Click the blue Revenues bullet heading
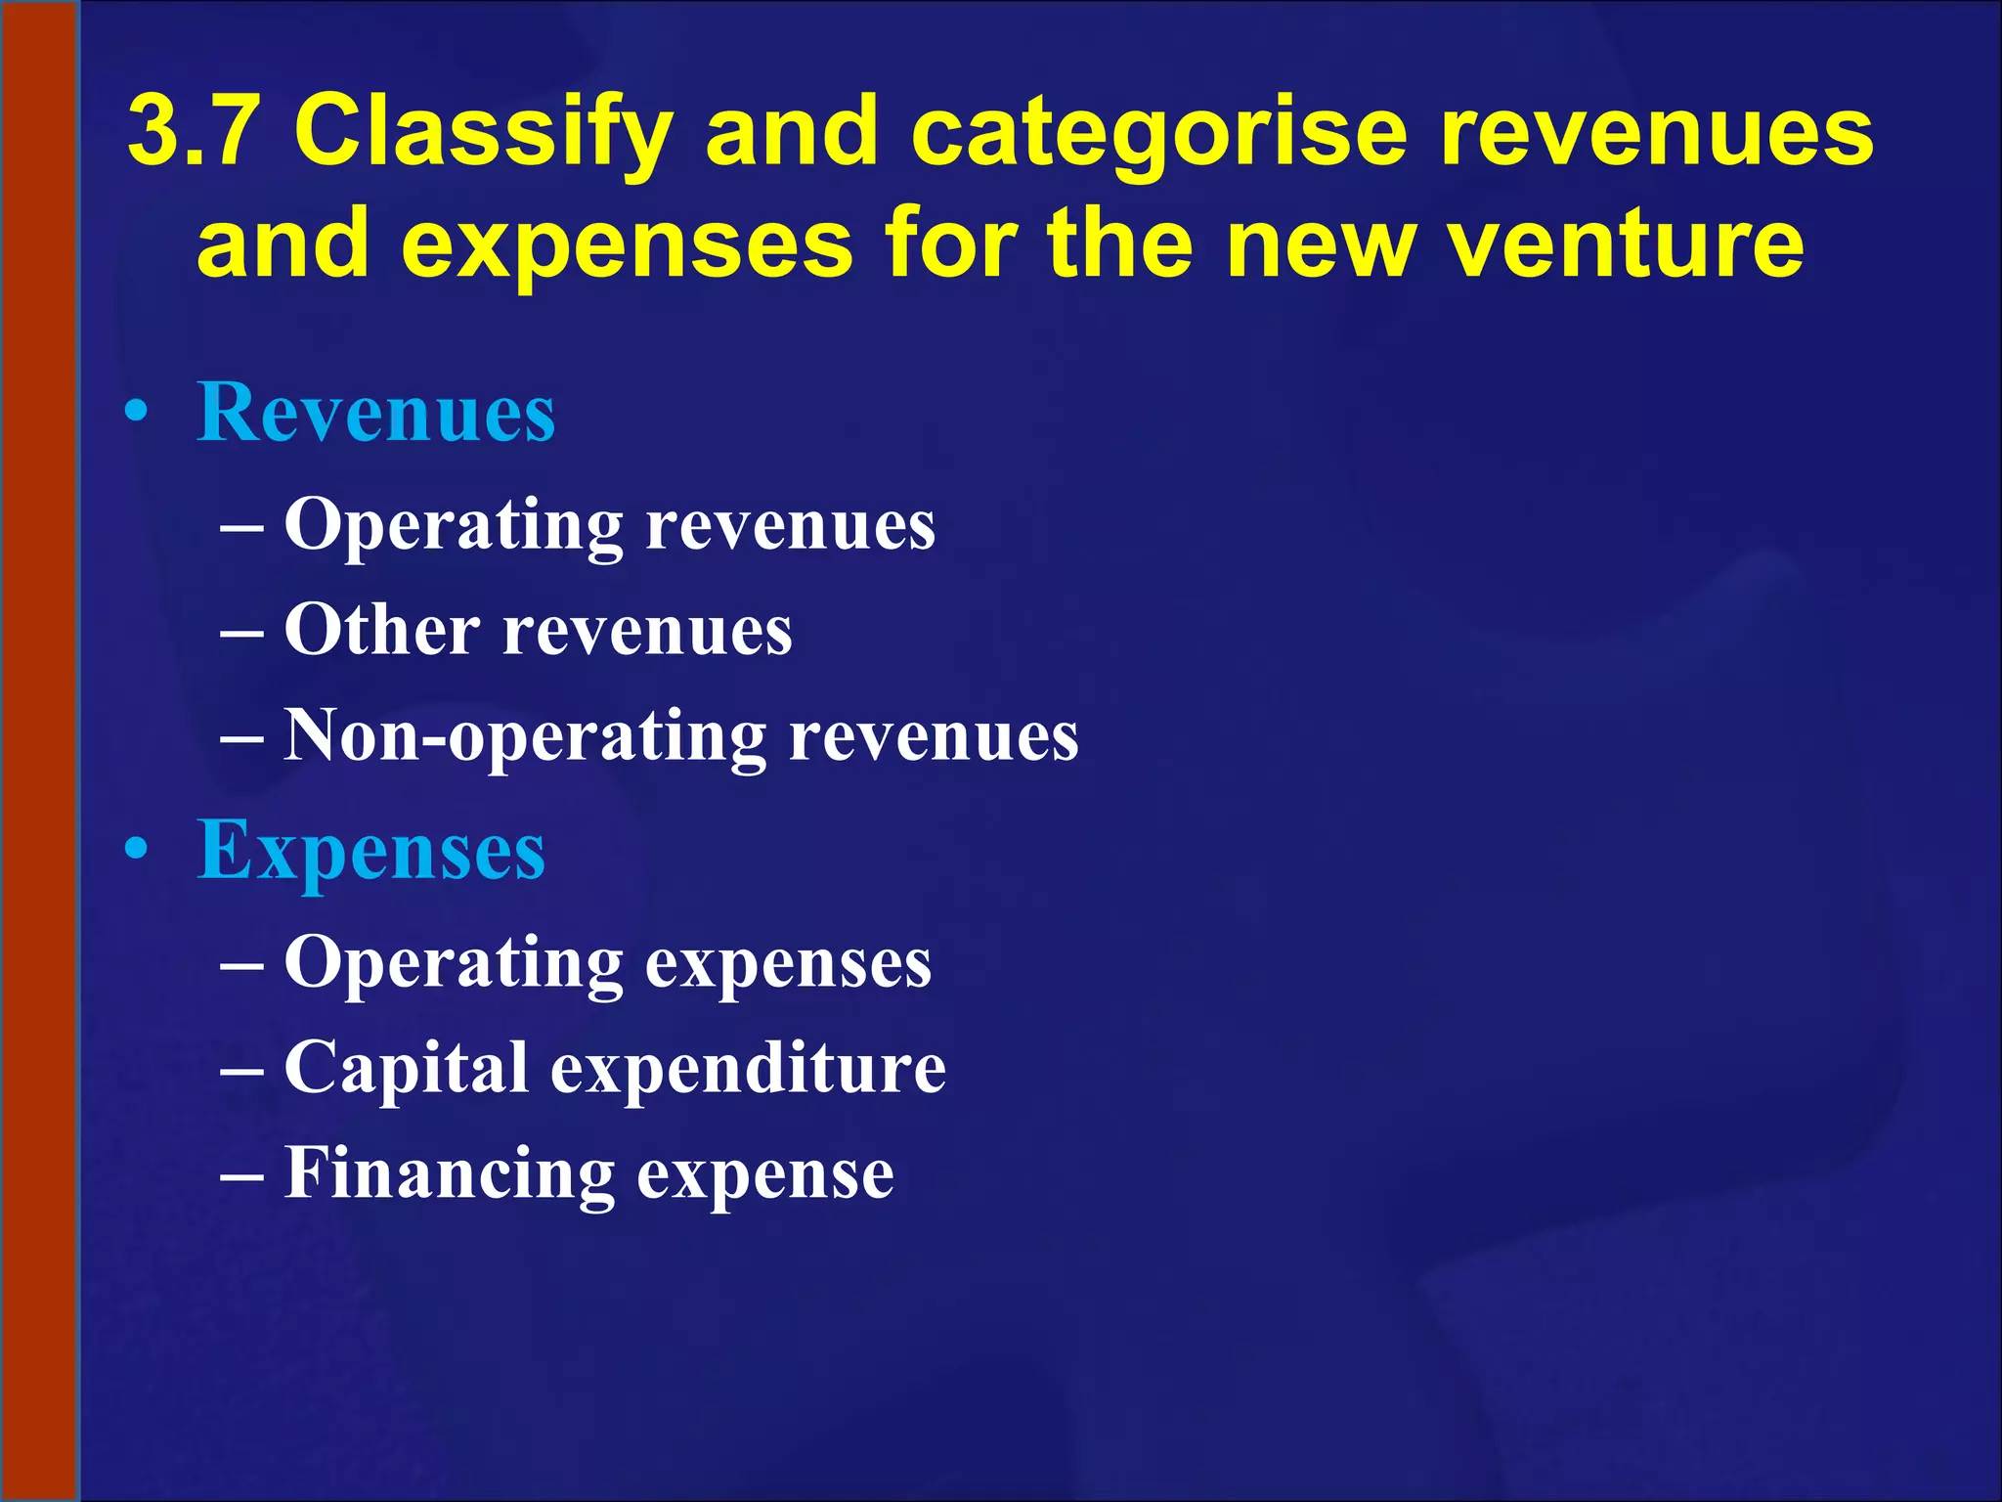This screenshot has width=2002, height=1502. [x=376, y=412]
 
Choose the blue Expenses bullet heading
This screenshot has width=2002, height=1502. [x=371, y=850]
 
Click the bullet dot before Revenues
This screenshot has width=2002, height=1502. [x=137, y=413]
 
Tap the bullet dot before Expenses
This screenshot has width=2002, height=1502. [x=137, y=850]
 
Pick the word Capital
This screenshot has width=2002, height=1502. [x=406, y=1068]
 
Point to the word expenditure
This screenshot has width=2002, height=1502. [x=748, y=1068]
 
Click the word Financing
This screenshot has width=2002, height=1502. [x=449, y=1173]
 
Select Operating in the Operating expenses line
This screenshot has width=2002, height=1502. [x=453, y=964]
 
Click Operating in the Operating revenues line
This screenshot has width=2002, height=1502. [x=453, y=526]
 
